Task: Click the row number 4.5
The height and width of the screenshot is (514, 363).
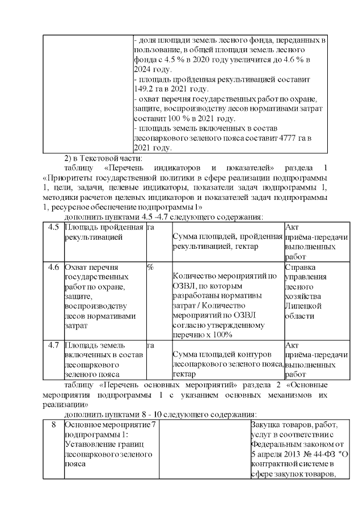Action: (x=53, y=228)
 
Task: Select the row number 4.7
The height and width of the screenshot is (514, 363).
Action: (x=53, y=345)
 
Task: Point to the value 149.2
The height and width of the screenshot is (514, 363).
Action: (x=145, y=89)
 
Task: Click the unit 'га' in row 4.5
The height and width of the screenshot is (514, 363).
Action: (x=151, y=228)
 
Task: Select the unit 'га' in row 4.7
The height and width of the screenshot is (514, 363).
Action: (x=151, y=345)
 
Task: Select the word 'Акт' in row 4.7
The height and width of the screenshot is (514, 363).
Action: (x=292, y=345)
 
